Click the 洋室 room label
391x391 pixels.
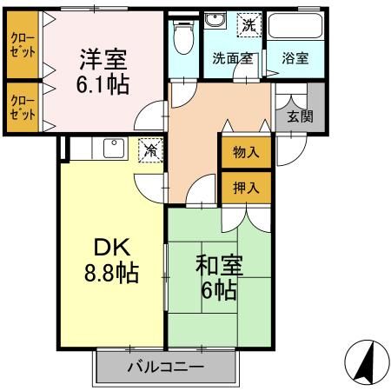point(103,59)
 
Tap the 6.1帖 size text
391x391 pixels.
point(103,86)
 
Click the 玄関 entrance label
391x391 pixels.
point(299,116)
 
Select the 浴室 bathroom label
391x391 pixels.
point(295,59)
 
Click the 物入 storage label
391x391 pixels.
point(246,153)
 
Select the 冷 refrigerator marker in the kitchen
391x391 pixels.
point(150,149)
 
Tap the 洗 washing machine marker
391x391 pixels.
point(249,26)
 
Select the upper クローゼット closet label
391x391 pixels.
point(23,45)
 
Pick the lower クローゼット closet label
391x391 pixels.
point(23,107)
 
